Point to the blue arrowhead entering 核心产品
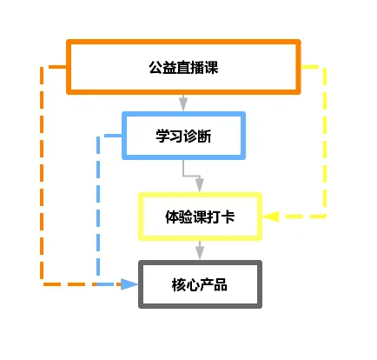point(131,284)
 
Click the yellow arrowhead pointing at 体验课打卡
point(270,216)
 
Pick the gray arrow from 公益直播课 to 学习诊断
point(183,103)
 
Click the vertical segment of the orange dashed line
point(42,174)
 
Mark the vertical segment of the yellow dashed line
point(325,139)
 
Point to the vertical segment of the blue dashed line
point(98,209)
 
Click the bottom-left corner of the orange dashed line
point(42,284)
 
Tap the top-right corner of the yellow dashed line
point(325,67)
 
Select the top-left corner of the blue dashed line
point(99,137)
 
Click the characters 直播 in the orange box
point(183,66)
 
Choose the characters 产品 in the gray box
point(214,284)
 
